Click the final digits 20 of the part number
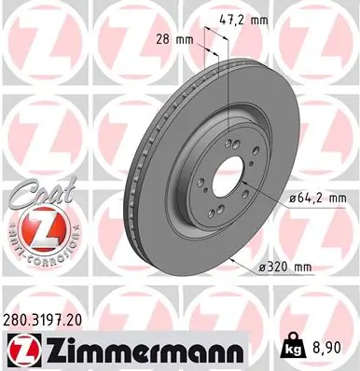tap(94, 319)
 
